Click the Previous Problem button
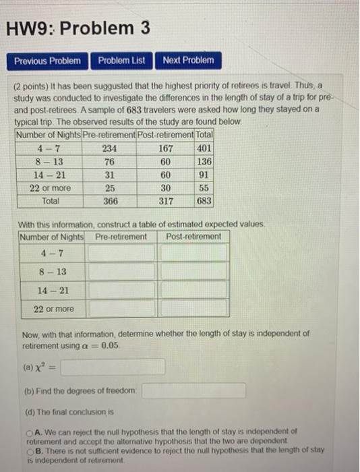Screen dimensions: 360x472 point(47,61)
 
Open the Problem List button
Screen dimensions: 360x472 point(121,61)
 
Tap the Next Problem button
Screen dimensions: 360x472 point(188,61)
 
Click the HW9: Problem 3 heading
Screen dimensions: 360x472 point(78,28)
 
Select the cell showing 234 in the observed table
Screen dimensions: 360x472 point(108,148)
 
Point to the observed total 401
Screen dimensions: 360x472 point(204,148)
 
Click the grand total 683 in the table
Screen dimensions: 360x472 point(204,201)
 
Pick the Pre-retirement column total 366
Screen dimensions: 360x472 point(108,201)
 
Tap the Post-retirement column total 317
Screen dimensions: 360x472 point(165,201)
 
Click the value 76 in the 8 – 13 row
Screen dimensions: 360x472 point(108,162)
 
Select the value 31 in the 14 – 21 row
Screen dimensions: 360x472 point(108,175)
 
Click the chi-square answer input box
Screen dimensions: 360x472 point(114,366)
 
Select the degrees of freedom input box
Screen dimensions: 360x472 point(193,391)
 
